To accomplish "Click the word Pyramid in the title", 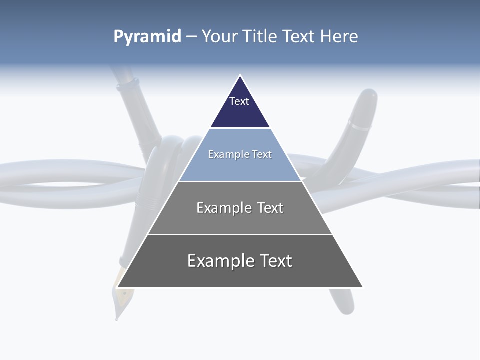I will click(147, 37).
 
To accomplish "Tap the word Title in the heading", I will click(261, 37).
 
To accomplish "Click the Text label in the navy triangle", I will click(239, 101).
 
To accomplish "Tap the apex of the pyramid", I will click(240, 76).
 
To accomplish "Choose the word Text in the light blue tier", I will click(262, 154).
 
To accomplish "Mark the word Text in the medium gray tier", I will click(270, 208).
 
